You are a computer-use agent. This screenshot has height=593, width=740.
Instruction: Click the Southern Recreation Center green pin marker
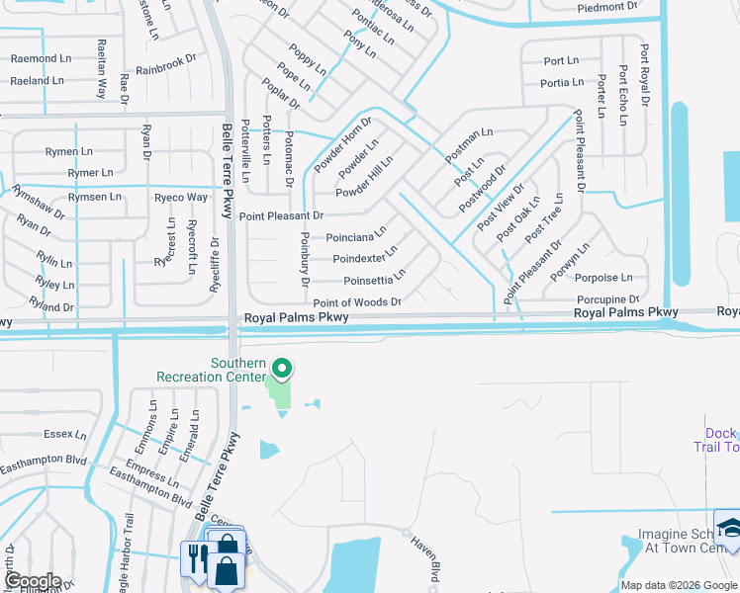[x=281, y=370]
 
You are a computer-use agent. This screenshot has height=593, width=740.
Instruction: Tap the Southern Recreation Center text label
[x=211, y=369]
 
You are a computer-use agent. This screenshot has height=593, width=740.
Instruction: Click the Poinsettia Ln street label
[x=374, y=280]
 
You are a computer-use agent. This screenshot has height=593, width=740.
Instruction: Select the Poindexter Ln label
[x=365, y=259]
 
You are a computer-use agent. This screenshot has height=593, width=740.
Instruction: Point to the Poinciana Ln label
[x=355, y=237]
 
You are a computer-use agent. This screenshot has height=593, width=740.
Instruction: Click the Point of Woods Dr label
[x=357, y=302]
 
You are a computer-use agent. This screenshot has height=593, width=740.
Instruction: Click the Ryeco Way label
[x=181, y=198]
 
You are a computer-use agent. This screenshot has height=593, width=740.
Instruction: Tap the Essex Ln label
[x=59, y=433]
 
